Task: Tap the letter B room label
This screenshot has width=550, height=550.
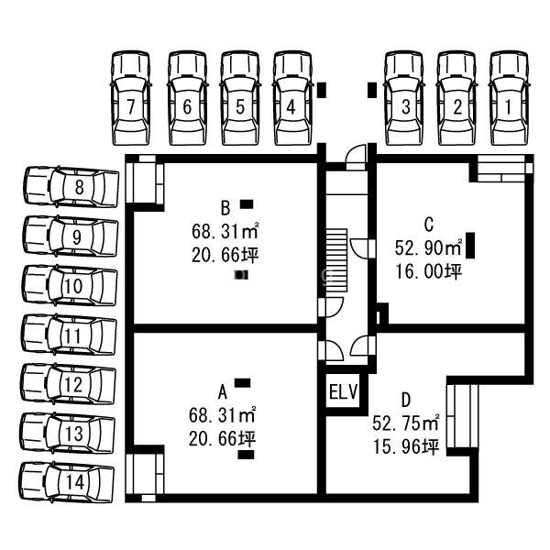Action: pyautogui.click(x=224, y=205)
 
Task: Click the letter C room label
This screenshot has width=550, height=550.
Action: pyautogui.click(x=428, y=223)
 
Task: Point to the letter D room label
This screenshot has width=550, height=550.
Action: pyautogui.click(x=405, y=401)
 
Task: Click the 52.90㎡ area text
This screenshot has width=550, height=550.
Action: pyautogui.click(x=427, y=247)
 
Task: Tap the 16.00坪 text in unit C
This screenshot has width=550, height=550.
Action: pyautogui.click(x=429, y=271)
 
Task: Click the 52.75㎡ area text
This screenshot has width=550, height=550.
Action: pyautogui.click(x=406, y=423)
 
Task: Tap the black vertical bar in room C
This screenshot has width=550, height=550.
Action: pyautogui.click(x=470, y=247)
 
